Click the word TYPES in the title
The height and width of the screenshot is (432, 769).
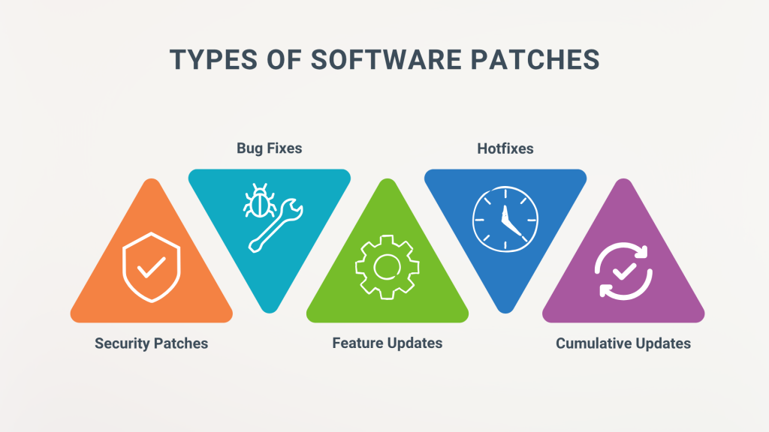[x=213, y=60]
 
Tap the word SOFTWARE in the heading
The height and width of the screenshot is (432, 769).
[x=386, y=60]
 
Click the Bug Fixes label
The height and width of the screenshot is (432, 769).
[x=270, y=148]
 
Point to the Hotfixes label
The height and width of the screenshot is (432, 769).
[x=505, y=148]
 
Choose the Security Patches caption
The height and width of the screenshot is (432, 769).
[x=151, y=343]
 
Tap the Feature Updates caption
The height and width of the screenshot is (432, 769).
[x=388, y=343]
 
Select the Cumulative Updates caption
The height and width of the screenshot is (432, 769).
[x=623, y=343]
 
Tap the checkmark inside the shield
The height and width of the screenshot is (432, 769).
[x=151, y=268]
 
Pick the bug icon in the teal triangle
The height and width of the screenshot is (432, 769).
[x=259, y=201]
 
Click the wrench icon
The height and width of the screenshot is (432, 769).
[x=276, y=225]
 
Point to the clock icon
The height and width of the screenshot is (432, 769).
[x=505, y=219]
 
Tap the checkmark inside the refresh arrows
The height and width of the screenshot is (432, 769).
[x=624, y=271]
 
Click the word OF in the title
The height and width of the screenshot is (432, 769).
[x=284, y=60]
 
